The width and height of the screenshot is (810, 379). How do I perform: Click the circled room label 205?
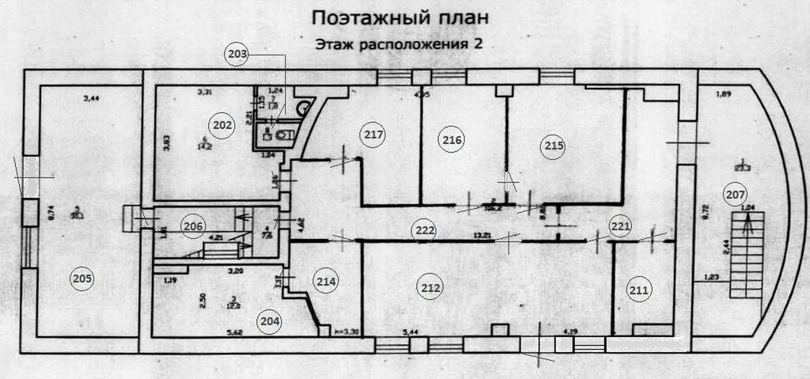[x=83, y=278]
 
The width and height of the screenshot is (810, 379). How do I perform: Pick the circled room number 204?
[x=270, y=320]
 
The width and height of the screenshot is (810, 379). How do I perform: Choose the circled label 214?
[x=327, y=280]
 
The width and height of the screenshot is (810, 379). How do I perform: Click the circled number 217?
[x=374, y=135]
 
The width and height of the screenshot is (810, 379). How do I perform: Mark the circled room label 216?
[x=452, y=140]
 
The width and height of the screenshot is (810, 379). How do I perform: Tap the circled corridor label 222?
[x=424, y=230]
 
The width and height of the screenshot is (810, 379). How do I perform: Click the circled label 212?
[x=430, y=288]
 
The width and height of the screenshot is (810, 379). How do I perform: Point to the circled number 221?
[x=621, y=226]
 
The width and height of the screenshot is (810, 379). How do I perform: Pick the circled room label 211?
[x=640, y=290]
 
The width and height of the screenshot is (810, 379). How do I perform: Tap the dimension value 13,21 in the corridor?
[x=484, y=235]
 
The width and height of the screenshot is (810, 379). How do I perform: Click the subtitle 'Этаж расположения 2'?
[x=399, y=44]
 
